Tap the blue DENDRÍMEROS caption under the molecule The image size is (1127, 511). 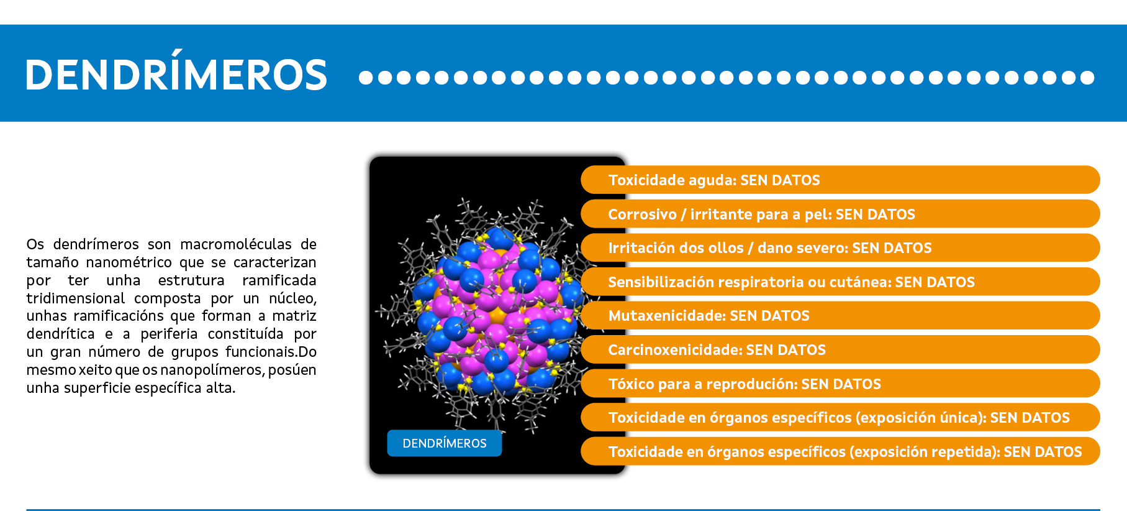tap(445, 443)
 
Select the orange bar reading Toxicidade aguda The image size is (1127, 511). tap(840, 180)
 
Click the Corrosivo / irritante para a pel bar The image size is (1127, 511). tap(840, 214)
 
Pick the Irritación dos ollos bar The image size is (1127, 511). tap(840, 247)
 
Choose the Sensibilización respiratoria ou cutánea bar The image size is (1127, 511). tap(840, 282)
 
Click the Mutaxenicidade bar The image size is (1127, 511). tap(840, 315)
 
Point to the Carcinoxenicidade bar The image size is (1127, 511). tap(840, 349)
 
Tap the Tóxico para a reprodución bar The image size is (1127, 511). tap(840, 384)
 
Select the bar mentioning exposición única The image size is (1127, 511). tap(840, 417)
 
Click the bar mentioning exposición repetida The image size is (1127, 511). tap(840, 451)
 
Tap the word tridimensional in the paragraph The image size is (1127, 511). tap(75, 298)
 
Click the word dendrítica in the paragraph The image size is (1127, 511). tap(60, 334)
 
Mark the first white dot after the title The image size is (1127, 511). tap(366, 78)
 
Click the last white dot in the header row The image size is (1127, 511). tap(1087, 78)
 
